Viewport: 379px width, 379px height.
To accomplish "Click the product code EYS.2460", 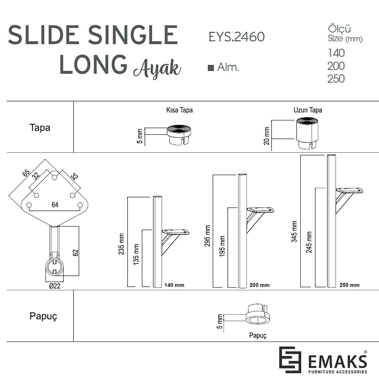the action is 237,37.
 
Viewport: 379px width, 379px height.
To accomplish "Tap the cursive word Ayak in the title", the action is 157,68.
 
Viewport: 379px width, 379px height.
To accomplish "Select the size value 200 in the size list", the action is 336,66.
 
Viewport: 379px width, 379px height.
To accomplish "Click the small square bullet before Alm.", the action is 211,68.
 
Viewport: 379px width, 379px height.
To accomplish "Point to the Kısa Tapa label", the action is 179,110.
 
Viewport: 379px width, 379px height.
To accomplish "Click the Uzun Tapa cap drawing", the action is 307,133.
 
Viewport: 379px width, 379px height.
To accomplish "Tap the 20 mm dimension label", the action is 267,136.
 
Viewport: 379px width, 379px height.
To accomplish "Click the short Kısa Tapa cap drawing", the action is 179,135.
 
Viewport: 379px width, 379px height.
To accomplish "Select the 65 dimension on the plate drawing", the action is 26,173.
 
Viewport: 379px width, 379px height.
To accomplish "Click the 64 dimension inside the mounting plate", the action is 55,205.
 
